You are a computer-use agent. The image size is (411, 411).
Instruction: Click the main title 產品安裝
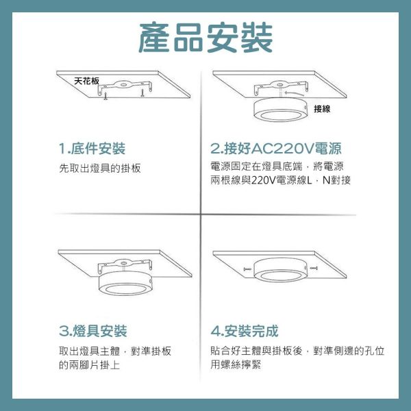point(206,38)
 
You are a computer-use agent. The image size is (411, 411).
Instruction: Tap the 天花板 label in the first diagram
point(86,81)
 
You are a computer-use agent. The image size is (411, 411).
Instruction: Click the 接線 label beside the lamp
point(323,109)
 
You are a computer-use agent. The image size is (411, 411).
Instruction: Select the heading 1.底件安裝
point(92,149)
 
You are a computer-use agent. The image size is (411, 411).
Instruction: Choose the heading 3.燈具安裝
point(93,332)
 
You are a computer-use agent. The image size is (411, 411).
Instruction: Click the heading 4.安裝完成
point(245,332)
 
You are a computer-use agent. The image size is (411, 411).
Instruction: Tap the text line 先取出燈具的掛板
point(100,168)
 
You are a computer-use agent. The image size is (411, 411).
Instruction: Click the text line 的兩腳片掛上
point(90,364)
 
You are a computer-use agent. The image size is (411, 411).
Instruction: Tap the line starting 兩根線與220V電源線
point(281,181)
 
